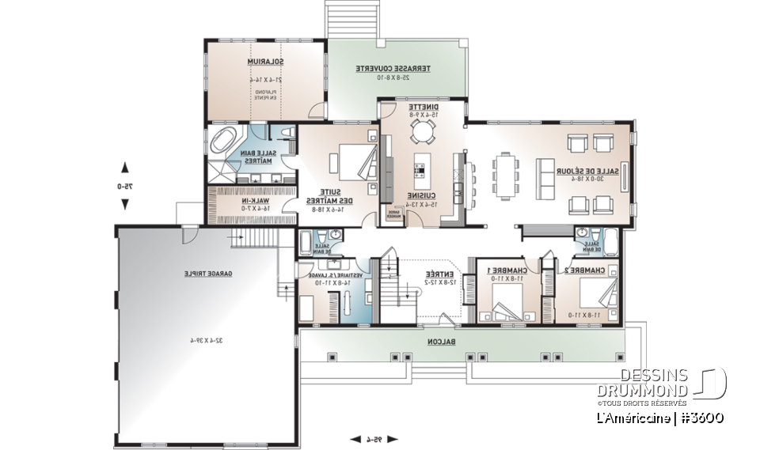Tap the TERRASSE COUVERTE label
tap(393, 69)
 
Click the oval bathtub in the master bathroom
tap(225, 142)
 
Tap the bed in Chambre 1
tap(504, 303)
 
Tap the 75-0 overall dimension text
tap(124, 187)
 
